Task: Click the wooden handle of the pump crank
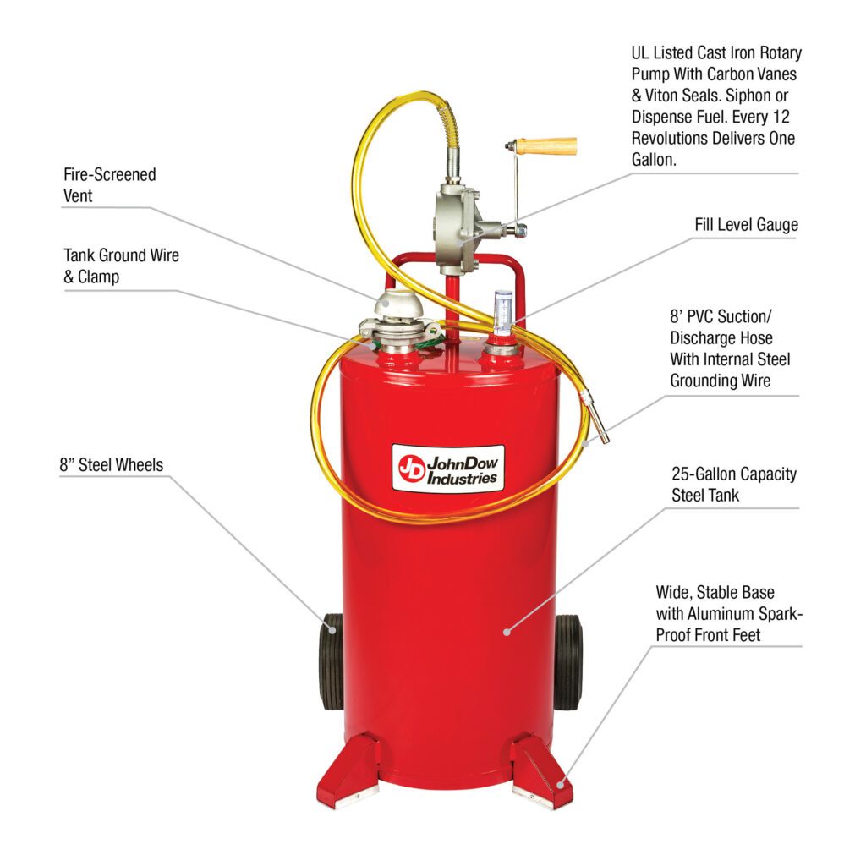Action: (545, 145)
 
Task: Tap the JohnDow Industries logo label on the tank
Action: (448, 468)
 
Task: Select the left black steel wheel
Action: (332, 661)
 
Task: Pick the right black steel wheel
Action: (567, 661)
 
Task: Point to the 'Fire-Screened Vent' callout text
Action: (110, 184)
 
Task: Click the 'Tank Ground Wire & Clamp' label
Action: (121, 265)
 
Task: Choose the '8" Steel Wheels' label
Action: (111, 464)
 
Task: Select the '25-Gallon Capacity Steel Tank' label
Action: (734, 485)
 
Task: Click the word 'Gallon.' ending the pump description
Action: (655, 160)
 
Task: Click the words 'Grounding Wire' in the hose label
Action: (721, 381)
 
